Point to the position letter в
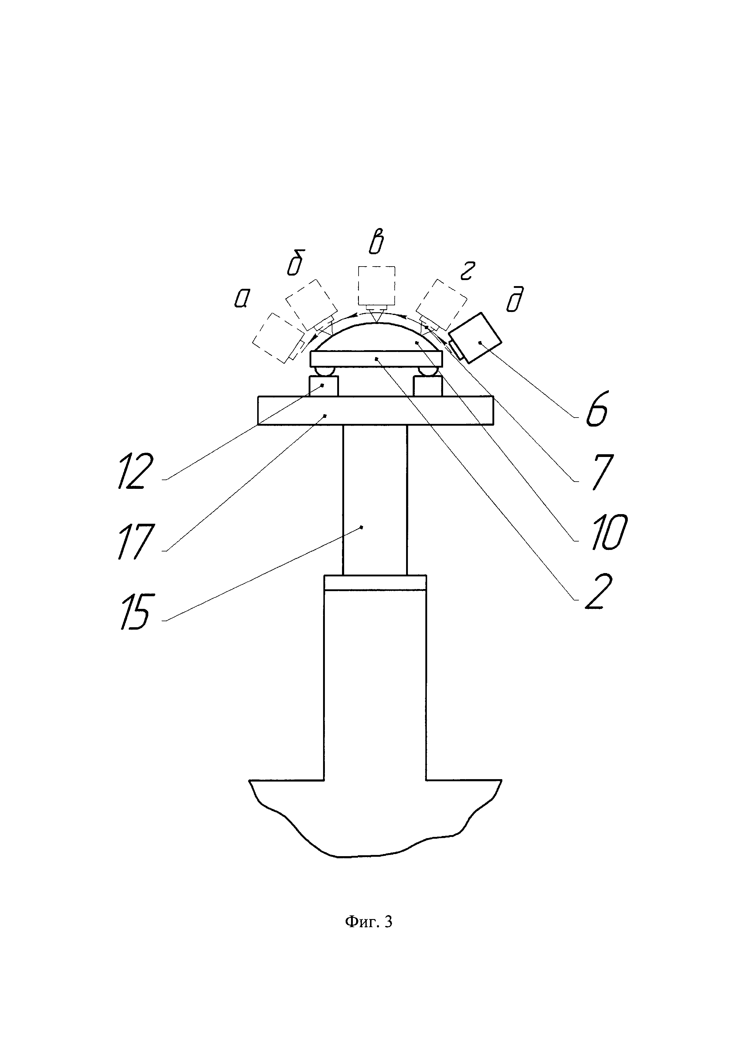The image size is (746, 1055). (x=375, y=244)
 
